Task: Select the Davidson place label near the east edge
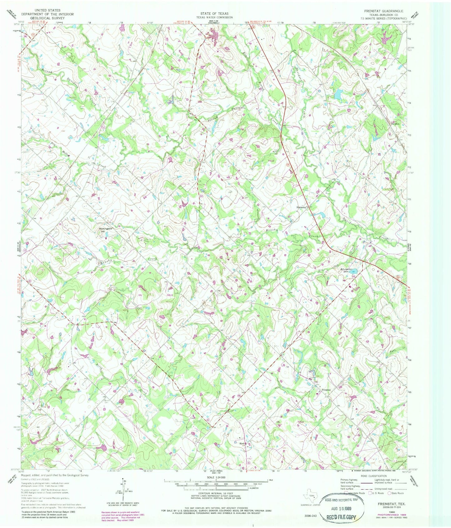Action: (395, 122)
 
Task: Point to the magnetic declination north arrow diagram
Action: (122, 490)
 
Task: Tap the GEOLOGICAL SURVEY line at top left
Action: (47, 18)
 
